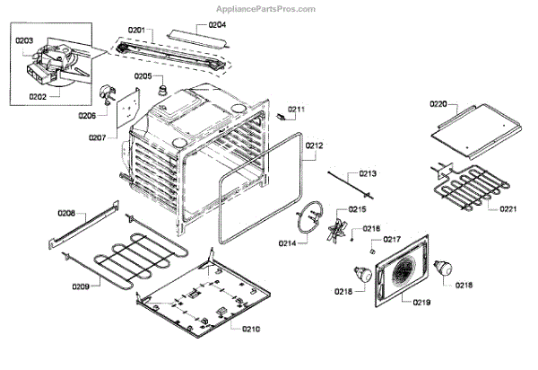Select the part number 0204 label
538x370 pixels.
218,24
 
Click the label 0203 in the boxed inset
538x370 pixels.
24,40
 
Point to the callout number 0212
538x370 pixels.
314,145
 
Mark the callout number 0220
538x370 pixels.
438,104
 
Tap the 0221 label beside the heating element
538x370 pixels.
508,209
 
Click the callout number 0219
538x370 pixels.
421,303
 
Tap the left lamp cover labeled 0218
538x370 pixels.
363,272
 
